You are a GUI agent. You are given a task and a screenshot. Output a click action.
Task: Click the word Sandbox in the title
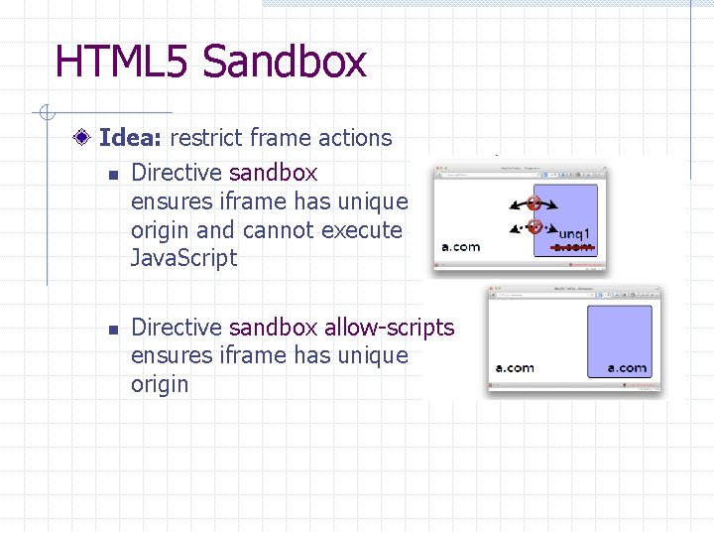click(x=285, y=62)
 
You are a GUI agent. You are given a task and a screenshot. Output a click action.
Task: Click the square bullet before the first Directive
click(x=112, y=175)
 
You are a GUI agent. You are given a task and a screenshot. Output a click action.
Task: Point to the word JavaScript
click(x=184, y=259)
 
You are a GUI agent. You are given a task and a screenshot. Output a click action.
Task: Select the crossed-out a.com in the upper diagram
click(x=573, y=246)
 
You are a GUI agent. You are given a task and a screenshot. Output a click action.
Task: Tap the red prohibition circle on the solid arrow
click(x=535, y=203)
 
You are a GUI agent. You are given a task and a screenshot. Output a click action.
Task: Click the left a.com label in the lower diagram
click(x=515, y=368)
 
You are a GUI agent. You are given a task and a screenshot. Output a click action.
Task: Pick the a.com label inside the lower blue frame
click(x=627, y=368)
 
